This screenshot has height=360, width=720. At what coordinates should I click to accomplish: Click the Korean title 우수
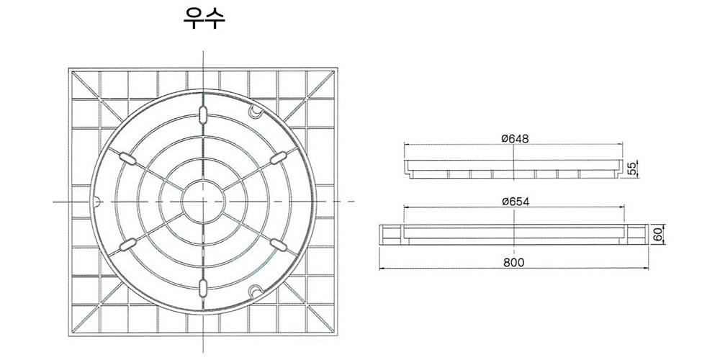204,19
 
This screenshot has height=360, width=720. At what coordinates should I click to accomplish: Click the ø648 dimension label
515,139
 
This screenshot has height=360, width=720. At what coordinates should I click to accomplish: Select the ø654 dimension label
516,201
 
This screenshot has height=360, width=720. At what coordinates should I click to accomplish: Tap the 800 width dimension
514,262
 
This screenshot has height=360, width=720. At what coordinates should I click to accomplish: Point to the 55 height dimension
633,168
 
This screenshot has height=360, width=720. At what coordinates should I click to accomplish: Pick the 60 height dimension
658,235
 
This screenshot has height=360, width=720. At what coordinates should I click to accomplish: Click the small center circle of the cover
203,201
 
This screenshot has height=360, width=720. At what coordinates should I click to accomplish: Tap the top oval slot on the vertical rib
203,114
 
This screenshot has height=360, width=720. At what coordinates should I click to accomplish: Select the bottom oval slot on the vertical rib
203,288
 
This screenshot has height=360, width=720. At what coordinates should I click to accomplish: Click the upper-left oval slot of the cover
127,158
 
